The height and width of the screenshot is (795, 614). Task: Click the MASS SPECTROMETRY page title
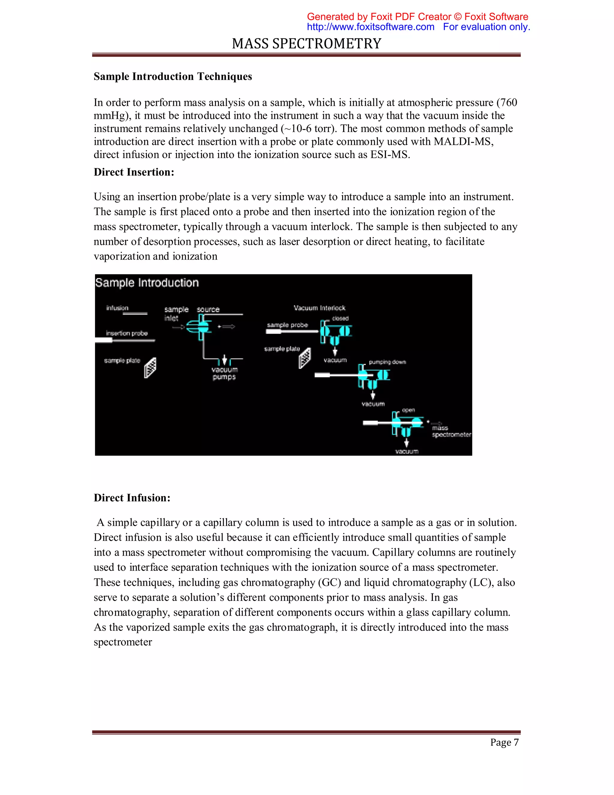(307, 44)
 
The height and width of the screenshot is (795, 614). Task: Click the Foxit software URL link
(370, 27)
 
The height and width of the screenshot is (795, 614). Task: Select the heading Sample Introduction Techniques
(173, 76)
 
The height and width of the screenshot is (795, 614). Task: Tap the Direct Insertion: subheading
(134, 172)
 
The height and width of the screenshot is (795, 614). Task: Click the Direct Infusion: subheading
(132, 498)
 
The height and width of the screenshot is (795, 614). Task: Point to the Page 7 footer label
(504, 742)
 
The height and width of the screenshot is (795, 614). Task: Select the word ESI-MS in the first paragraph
(390, 155)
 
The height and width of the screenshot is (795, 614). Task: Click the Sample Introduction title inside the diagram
(147, 283)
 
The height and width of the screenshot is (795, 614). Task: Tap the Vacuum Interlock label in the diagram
(319, 308)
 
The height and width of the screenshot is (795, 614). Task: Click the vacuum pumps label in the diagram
(225, 373)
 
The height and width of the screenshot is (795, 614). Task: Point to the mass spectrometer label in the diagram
(451, 431)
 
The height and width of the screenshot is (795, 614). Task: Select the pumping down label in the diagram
(387, 362)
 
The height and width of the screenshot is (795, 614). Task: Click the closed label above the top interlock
(340, 319)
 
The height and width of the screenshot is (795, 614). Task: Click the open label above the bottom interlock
(408, 410)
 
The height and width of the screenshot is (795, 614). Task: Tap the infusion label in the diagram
(117, 308)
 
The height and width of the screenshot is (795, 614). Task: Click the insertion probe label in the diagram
(127, 333)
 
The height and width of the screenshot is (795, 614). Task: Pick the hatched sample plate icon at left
(150, 368)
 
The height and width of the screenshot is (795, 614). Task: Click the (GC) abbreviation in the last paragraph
(329, 582)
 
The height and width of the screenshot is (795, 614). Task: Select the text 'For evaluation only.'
(486, 27)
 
